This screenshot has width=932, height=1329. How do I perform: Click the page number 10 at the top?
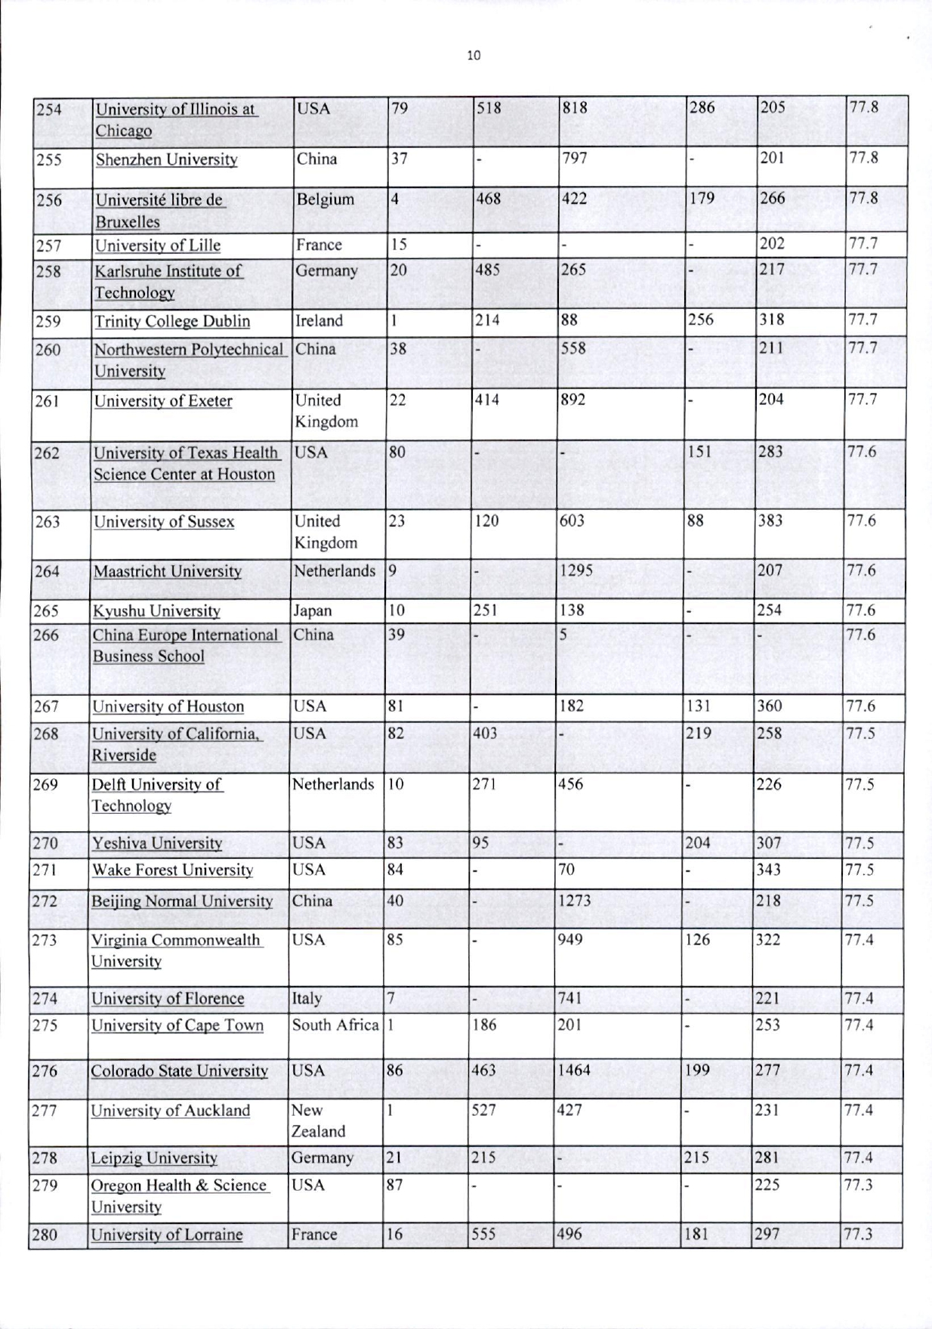tap(474, 55)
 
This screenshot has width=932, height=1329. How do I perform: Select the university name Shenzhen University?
tap(166, 160)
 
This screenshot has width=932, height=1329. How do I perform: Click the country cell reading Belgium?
tap(325, 200)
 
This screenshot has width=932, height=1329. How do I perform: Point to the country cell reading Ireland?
tap(319, 321)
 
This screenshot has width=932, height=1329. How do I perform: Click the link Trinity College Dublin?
tap(172, 322)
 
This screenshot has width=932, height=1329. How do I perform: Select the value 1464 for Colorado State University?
tap(573, 1071)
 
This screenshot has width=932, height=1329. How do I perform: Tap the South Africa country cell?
tap(335, 1025)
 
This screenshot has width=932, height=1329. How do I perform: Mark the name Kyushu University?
tap(156, 611)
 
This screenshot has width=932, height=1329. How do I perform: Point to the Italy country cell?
tap(307, 999)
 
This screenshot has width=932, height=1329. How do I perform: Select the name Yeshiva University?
tap(157, 843)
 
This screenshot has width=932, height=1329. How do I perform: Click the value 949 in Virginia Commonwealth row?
tap(569, 940)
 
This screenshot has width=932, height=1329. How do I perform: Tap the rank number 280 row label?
tap(45, 1235)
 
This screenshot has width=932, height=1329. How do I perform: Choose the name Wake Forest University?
tap(172, 870)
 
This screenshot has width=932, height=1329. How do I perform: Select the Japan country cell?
tap(312, 611)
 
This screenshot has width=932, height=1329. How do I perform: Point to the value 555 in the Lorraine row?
tap(483, 1235)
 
